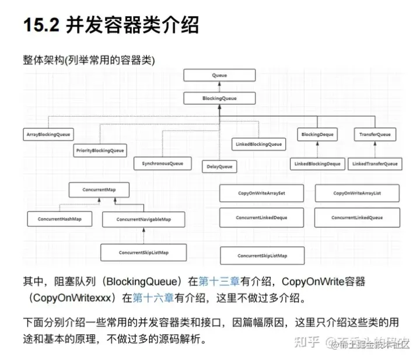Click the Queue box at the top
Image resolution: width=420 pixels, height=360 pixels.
point(219,76)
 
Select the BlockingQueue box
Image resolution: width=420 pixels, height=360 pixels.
point(219,98)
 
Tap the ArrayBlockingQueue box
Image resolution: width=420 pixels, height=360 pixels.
point(48,135)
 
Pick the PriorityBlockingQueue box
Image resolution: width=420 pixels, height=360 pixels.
point(100,151)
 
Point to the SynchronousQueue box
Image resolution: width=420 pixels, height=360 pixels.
point(162,163)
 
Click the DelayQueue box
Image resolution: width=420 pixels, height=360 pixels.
point(219,167)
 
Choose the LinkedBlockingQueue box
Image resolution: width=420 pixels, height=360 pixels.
point(258,144)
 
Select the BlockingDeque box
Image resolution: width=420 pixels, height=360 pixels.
point(318,135)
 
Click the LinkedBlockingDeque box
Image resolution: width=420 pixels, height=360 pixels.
point(317,164)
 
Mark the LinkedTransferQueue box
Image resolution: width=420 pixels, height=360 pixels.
point(374,164)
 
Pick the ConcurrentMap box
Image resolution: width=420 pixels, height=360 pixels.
point(98,190)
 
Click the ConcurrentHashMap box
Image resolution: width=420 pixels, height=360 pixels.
point(59,219)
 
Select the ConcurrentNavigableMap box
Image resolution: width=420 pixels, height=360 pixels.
point(143,219)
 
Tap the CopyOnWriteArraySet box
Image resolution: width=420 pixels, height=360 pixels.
point(261,193)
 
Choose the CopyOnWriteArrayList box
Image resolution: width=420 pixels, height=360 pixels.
point(357,193)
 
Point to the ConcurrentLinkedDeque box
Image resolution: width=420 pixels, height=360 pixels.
point(261,218)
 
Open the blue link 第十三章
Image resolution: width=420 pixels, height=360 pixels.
point(215,281)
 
